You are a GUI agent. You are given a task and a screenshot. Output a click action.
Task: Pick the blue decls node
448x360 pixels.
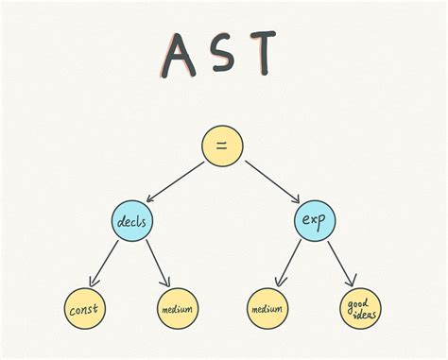coord(130,222)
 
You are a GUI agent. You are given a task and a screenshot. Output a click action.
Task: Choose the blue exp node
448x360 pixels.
coord(313,222)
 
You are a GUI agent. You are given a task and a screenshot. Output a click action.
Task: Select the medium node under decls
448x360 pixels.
coord(176,309)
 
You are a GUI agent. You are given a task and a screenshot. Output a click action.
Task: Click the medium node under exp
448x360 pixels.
coord(268,309)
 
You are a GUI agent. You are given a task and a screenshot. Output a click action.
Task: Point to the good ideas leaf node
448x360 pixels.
coord(359,309)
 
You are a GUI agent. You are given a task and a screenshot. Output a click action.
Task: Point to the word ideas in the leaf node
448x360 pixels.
coord(360,316)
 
